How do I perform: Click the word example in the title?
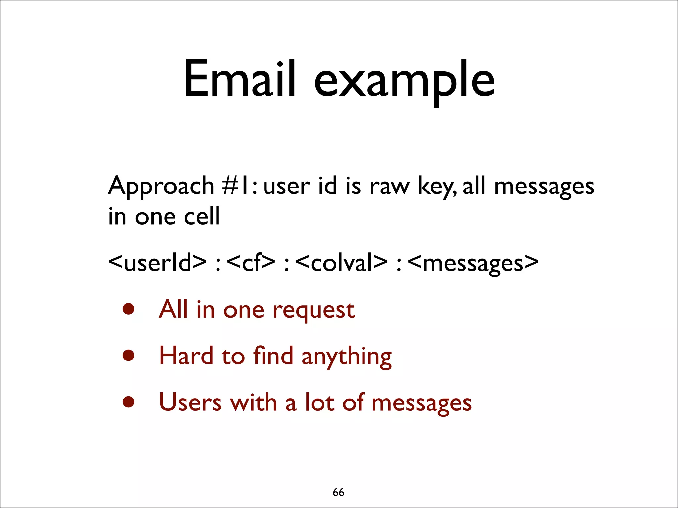click(x=404, y=81)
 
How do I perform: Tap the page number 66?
click(x=338, y=492)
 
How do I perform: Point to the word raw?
click(x=389, y=186)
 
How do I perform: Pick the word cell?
click(x=202, y=216)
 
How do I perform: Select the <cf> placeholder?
click(x=251, y=263)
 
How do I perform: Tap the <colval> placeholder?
click(x=341, y=263)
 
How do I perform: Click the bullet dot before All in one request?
click(x=128, y=309)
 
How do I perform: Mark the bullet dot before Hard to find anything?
click(x=128, y=356)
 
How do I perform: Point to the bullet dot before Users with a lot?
click(x=128, y=402)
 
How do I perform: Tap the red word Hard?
click(x=186, y=356)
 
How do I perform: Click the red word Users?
click(x=190, y=402)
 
